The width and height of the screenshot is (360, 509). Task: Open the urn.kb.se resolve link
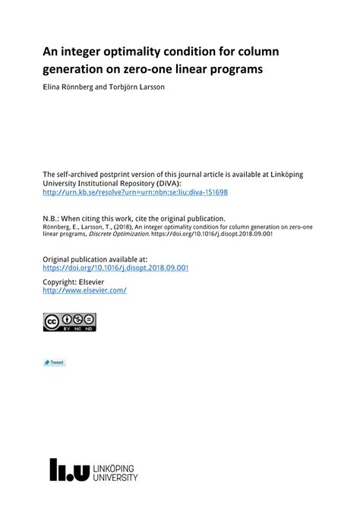tap(135, 192)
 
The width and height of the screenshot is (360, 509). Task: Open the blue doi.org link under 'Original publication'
tap(115, 267)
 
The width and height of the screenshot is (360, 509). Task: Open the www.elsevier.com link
tap(84, 290)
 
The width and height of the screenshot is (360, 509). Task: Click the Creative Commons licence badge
tap(70, 322)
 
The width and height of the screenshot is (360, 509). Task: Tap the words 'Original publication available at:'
tap(95, 259)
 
